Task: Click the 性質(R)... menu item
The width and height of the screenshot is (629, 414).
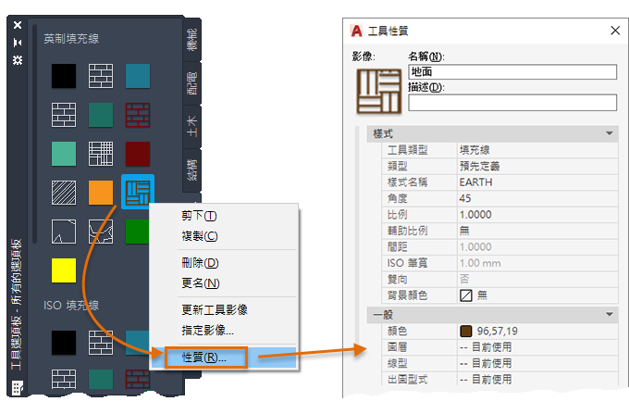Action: (x=204, y=358)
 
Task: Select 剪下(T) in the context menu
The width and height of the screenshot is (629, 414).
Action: (x=199, y=216)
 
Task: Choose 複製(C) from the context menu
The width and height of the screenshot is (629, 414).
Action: (x=200, y=236)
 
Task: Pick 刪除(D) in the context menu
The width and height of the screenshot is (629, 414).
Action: (x=200, y=263)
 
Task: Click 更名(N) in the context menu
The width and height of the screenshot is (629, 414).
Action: (x=200, y=283)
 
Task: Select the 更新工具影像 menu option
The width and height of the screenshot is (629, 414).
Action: (x=215, y=309)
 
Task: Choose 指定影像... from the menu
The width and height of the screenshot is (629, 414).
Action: (x=207, y=330)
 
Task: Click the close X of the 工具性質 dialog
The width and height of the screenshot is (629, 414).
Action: (x=615, y=31)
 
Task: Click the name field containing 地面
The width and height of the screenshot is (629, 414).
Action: (x=512, y=72)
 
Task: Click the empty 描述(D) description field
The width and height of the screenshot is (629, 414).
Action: (x=512, y=103)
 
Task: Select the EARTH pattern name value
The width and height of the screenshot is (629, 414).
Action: (x=475, y=182)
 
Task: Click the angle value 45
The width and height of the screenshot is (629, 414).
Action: (x=465, y=198)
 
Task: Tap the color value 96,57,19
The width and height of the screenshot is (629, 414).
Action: (x=497, y=332)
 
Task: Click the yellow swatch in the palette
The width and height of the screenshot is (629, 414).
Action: (x=64, y=270)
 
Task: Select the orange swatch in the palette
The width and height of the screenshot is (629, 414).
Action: (x=101, y=193)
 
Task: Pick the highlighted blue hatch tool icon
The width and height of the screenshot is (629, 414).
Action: (x=138, y=192)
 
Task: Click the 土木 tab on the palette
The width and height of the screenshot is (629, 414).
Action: (x=192, y=127)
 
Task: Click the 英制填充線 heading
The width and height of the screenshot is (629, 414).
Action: (x=71, y=39)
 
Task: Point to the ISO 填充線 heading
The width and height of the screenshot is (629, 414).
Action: (x=71, y=306)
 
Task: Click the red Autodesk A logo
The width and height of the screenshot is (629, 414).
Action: (x=356, y=31)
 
